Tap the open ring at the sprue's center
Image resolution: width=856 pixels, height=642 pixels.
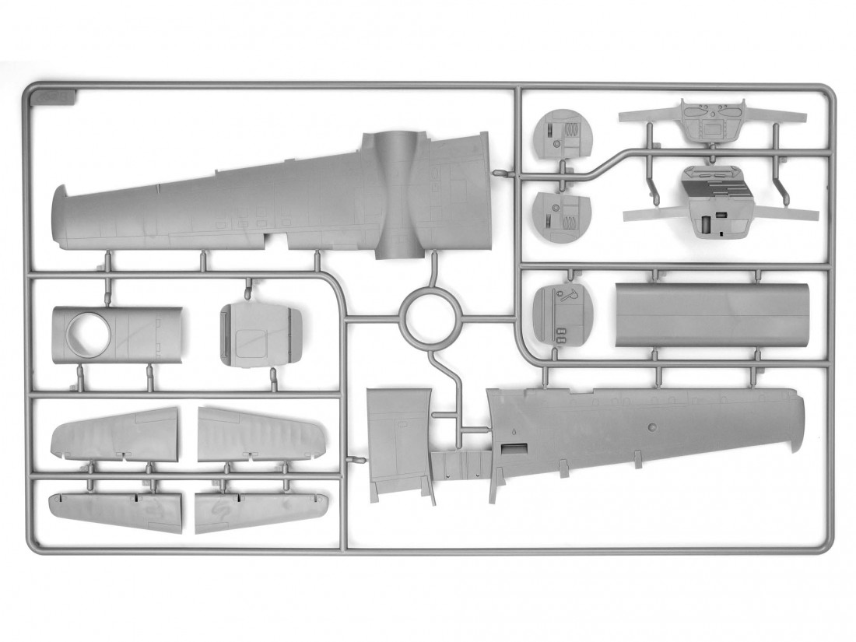coord(426,316)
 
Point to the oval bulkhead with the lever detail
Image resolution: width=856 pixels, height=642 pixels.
coord(560,316)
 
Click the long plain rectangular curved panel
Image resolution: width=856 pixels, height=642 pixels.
coord(711,314)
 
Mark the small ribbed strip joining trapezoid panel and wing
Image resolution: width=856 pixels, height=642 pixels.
coord(460,465)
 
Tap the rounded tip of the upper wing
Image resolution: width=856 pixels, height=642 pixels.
coord(58,218)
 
